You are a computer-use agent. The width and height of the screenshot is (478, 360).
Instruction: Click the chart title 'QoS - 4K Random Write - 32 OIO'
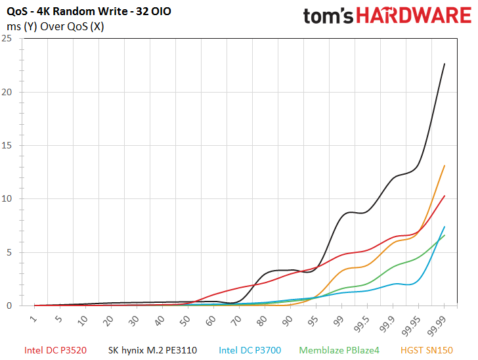[89, 12]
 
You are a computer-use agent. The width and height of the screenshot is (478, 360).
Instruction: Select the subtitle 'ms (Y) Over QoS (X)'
[55, 26]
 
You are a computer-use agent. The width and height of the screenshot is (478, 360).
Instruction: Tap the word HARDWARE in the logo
[414, 16]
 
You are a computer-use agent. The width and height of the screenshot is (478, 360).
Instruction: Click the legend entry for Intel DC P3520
[55, 350]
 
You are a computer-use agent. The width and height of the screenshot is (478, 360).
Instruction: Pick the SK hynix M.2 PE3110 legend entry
[152, 350]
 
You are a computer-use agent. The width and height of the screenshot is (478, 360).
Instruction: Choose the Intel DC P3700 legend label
[250, 350]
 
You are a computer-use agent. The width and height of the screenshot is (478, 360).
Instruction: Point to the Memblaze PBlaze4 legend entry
[339, 350]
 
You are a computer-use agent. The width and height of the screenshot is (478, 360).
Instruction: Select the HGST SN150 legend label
[427, 350]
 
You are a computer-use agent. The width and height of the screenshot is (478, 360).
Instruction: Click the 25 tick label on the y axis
[7, 39]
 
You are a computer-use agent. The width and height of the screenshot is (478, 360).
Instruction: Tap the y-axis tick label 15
[7, 145]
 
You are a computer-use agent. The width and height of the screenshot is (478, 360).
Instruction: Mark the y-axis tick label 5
[9, 252]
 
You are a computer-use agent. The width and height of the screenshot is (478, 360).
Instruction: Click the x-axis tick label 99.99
[436, 326]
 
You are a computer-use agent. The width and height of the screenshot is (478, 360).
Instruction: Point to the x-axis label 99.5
[362, 325]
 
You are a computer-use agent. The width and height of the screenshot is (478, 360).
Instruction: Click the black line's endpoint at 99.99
[445, 64]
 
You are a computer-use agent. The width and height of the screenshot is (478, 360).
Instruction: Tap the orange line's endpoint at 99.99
[445, 166]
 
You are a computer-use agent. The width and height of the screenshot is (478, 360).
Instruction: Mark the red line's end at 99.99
[445, 196]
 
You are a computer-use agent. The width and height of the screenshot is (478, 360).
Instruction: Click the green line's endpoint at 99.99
[445, 235]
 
